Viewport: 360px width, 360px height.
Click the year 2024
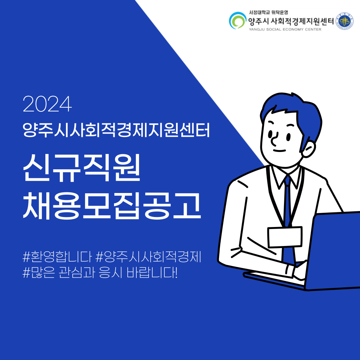point(47,104)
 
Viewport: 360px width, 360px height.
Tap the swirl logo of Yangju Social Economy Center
point(238,20)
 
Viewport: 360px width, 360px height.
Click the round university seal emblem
point(345,21)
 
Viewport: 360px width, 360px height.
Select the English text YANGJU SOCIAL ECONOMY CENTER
point(285,29)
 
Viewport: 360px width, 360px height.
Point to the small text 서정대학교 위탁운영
point(268,12)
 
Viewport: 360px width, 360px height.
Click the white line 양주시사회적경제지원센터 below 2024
point(116,130)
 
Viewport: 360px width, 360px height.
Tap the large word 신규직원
point(82,167)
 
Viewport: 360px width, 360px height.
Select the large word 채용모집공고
point(112,205)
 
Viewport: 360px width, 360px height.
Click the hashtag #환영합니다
point(57,256)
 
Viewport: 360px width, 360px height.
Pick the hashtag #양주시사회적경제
point(148,256)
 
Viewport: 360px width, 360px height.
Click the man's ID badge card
point(285,237)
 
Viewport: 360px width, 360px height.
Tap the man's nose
point(274,139)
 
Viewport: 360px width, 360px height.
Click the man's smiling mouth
point(279,151)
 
